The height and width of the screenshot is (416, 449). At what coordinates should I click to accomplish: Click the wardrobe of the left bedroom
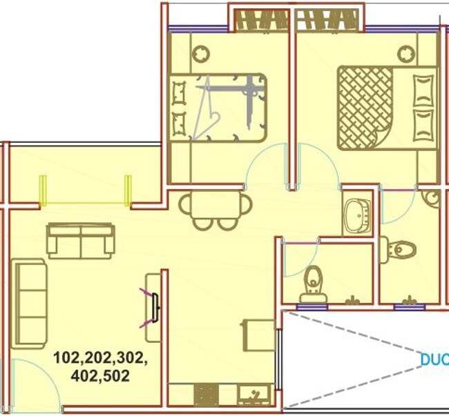(x=262, y=21)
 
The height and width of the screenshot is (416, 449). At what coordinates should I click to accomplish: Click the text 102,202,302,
(x=100, y=359)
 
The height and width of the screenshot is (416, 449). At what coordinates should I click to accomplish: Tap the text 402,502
(x=100, y=376)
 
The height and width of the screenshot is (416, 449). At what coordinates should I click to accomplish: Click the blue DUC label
(x=434, y=359)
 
